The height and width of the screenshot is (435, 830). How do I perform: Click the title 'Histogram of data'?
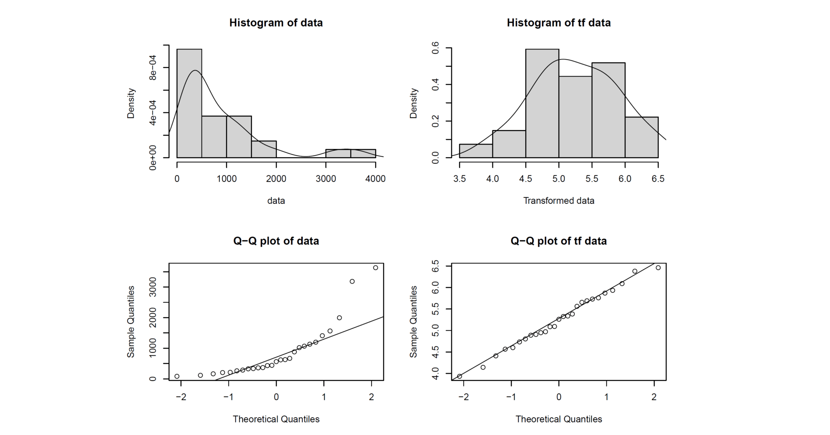click(x=276, y=23)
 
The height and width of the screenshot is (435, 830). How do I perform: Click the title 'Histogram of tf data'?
click(x=558, y=23)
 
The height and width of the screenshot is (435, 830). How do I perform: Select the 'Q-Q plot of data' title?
click(x=276, y=241)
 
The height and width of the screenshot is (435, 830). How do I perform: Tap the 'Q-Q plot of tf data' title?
click(x=558, y=241)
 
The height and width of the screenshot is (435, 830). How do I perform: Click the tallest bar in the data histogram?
click(x=189, y=103)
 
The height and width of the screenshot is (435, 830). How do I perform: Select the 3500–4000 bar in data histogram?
click(x=363, y=154)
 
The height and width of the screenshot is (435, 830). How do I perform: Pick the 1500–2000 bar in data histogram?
click(x=264, y=149)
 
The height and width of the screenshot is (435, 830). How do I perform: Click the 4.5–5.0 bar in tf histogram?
click(x=542, y=103)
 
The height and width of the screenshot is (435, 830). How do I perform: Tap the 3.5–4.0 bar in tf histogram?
click(x=476, y=151)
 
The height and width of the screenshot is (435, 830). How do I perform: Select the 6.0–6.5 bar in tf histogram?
click(x=642, y=137)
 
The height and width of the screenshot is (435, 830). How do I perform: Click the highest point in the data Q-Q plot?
click(x=375, y=268)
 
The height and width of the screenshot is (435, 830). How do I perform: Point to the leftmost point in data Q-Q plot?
click(x=177, y=376)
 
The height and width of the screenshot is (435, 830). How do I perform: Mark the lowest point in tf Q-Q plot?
click(x=460, y=376)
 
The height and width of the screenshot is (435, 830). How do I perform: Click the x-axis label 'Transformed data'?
click(x=558, y=201)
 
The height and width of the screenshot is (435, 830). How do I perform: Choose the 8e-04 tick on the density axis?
click(x=153, y=68)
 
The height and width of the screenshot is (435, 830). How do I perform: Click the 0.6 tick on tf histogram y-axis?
click(x=436, y=48)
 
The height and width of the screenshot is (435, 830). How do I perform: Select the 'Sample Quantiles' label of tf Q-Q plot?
click(x=413, y=321)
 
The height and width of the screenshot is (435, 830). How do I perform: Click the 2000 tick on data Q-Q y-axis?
click(x=153, y=317)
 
